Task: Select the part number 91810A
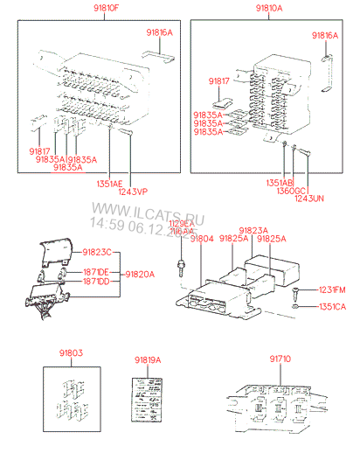point(269,7)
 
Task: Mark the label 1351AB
point(280,182)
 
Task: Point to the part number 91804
point(202,238)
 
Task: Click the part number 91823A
point(253,229)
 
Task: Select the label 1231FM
point(332,289)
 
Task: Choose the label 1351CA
point(332,306)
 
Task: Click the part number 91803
point(70,355)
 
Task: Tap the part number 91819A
point(149,359)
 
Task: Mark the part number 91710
point(281,358)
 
